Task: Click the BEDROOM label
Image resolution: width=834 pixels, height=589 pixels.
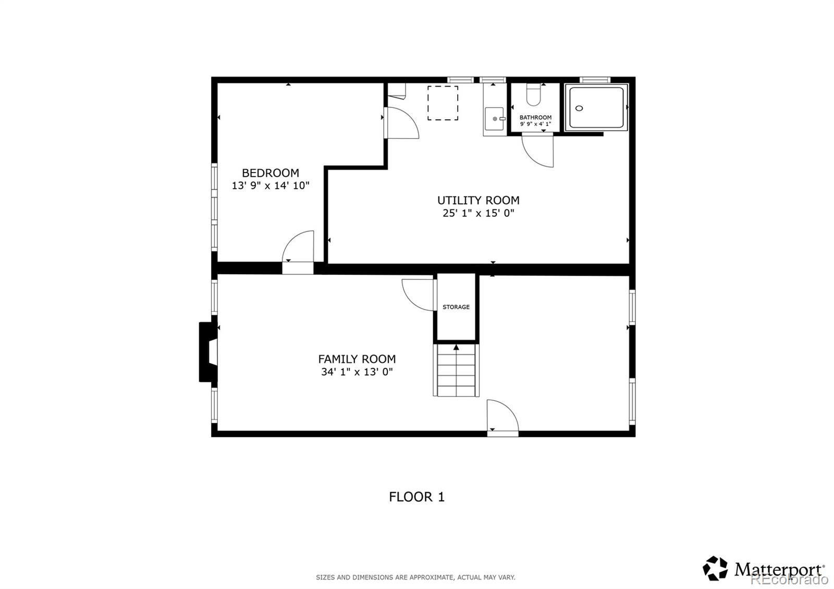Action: (270, 173)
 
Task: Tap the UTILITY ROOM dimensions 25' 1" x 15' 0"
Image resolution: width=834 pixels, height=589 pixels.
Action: (478, 213)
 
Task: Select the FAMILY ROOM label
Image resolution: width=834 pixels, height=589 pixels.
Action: (357, 359)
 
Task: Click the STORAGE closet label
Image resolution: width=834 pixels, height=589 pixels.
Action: (456, 307)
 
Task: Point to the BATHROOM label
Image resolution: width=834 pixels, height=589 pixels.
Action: (535, 118)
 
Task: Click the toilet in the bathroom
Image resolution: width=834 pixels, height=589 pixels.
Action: (534, 95)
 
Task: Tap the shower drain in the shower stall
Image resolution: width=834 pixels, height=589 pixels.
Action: (579, 108)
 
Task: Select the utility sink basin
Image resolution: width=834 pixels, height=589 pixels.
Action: (494, 119)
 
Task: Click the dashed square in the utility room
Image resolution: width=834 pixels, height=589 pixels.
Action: (443, 103)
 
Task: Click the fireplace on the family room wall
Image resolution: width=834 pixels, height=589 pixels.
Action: (207, 352)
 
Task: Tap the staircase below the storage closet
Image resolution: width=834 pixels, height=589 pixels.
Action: (456, 371)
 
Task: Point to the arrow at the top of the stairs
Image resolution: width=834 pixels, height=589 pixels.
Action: (456, 347)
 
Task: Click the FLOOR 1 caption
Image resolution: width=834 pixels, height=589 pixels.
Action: (416, 497)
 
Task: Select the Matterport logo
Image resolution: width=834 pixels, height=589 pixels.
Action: (764, 569)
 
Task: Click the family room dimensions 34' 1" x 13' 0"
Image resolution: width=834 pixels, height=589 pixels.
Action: (357, 372)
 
